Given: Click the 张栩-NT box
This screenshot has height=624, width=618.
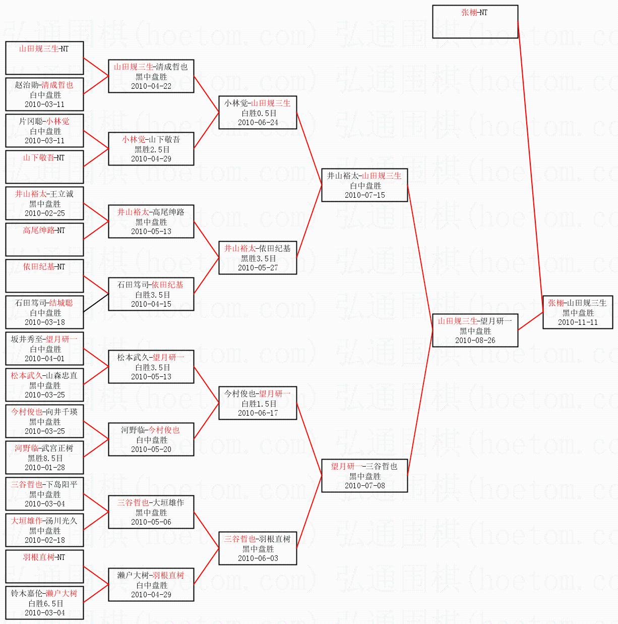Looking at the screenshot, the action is [x=475, y=22].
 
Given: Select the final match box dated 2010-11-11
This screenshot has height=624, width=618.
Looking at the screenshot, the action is [x=578, y=312].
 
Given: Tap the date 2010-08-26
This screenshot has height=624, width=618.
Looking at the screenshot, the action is [x=475, y=341].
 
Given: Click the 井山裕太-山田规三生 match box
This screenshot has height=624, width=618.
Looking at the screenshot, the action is [x=364, y=185].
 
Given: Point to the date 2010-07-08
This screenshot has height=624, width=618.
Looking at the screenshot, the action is [x=364, y=485].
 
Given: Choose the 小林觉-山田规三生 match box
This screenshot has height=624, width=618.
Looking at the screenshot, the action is [x=258, y=112].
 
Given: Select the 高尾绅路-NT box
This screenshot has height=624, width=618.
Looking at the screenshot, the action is [x=44, y=239].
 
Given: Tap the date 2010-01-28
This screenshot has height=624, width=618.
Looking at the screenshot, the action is [x=45, y=467].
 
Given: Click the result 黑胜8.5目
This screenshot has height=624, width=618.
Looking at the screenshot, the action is [x=45, y=458].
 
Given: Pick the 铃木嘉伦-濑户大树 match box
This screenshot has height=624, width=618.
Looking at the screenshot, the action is [x=44, y=603].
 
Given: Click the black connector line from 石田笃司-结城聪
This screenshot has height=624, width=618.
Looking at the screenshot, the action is [x=96, y=303].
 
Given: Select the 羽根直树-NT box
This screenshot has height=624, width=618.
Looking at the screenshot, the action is [x=44, y=566].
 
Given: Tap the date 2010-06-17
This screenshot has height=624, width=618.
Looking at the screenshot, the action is [x=258, y=413].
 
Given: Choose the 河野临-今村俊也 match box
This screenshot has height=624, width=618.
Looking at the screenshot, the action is [x=151, y=439].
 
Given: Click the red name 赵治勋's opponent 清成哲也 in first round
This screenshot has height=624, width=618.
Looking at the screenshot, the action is [x=57, y=85].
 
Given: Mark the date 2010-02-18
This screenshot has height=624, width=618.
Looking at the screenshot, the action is [x=45, y=540].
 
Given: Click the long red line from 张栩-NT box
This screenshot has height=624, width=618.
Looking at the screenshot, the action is [x=530, y=167].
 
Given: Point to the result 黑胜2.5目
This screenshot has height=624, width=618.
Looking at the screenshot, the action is [x=152, y=149].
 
